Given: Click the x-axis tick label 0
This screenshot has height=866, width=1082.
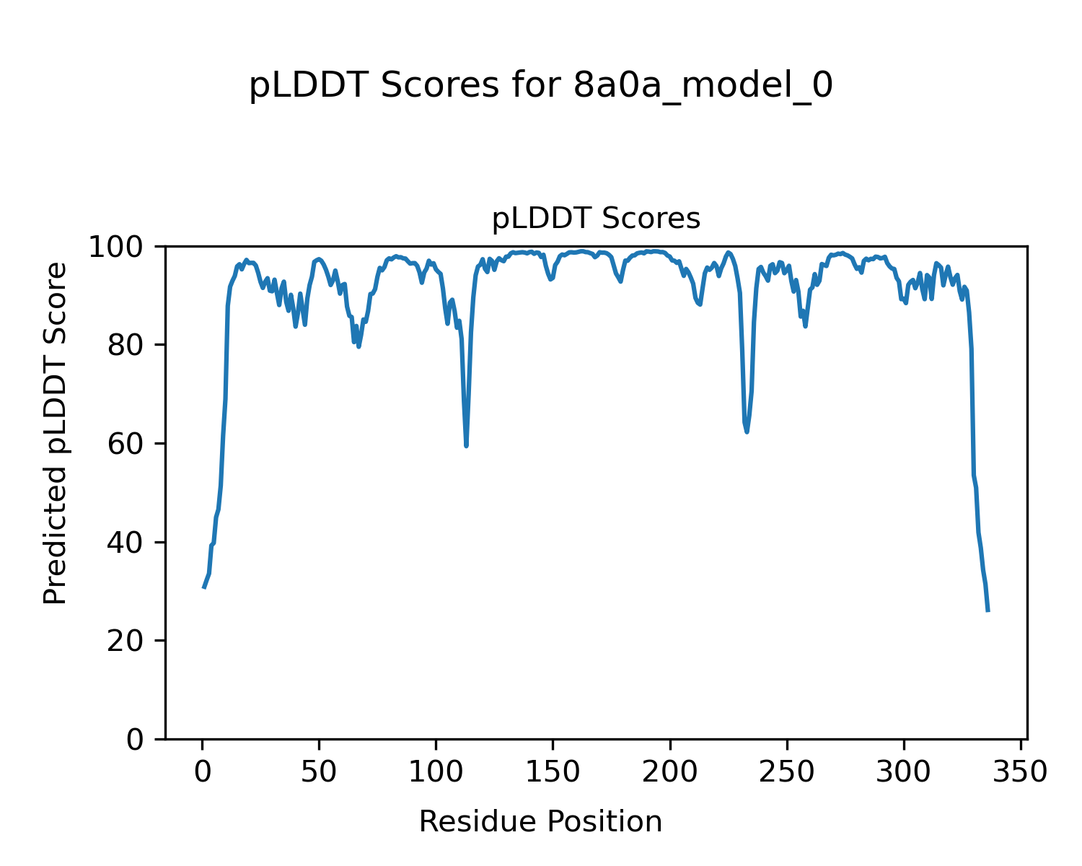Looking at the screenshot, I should pyautogui.click(x=203, y=772).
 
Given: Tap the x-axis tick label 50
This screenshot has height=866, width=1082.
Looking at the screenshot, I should pyautogui.click(x=319, y=772).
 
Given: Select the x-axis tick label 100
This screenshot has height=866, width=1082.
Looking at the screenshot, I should pyautogui.click(x=436, y=772).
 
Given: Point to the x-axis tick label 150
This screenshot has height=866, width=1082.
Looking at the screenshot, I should pyautogui.click(x=553, y=772).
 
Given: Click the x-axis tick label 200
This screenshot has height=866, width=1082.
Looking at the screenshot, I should pyautogui.click(x=669, y=772).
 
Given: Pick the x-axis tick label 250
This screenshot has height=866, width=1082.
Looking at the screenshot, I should pyautogui.click(x=786, y=772).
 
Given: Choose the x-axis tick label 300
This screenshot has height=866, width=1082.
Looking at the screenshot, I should pyautogui.click(x=903, y=772).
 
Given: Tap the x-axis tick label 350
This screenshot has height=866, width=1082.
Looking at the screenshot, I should pyautogui.click(x=1020, y=772).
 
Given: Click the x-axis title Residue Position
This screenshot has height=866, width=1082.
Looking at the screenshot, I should pyautogui.click(x=540, y=822).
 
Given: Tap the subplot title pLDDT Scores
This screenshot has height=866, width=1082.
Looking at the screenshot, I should pyautogui.click(x=596, y=219).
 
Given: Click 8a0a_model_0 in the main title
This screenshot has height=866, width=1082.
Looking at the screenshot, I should pyautogui.click(x=703, y=87).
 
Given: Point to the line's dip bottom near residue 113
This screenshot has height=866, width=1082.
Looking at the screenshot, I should pyautogui.click(x=467, y=446).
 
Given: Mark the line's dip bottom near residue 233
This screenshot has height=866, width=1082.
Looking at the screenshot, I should pyautogui.click(x=747, y=432).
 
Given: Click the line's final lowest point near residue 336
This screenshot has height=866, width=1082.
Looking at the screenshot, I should pyautogui.click(x=988, y=611).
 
